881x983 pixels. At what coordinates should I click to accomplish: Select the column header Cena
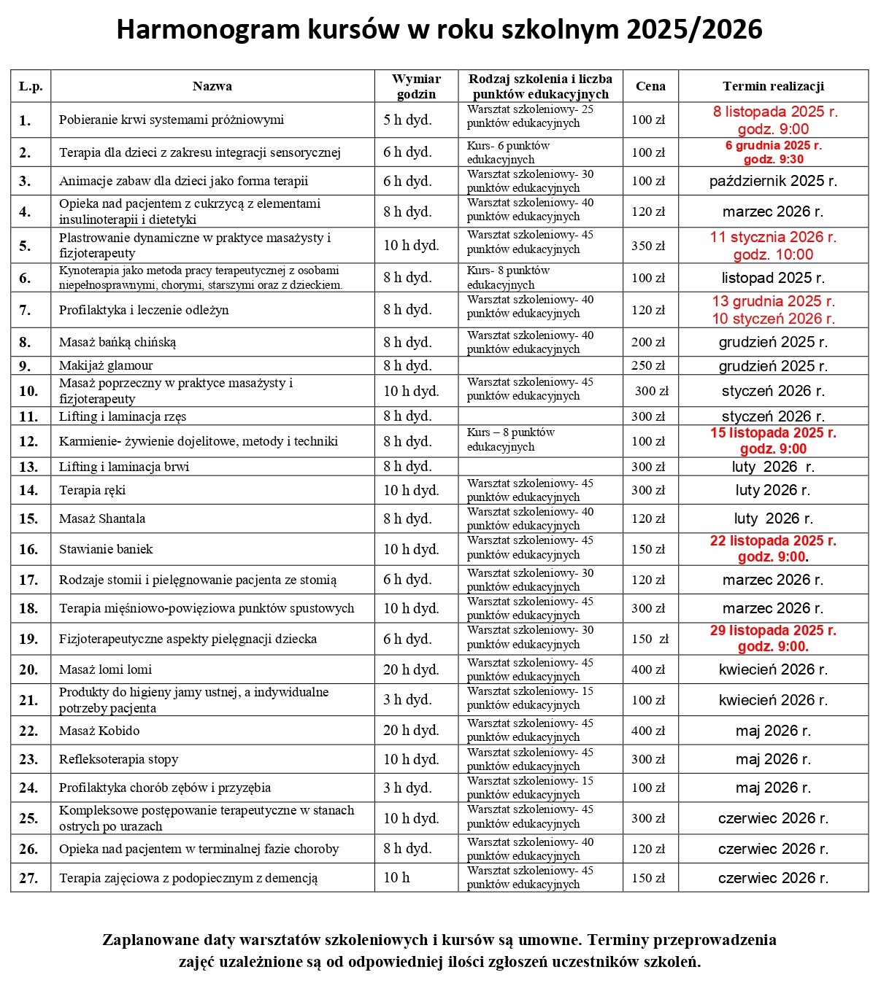click(x=650, y=86)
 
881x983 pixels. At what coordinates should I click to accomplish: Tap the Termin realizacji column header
click(x=773, y=86)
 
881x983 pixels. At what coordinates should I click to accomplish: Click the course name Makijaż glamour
click(x=106, y=365)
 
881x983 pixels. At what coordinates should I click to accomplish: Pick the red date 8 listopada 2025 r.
click(x=775, y=112)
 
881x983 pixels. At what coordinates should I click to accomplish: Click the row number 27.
click(x=28, y=878)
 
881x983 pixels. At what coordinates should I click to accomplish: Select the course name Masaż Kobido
click(x=99, y=731)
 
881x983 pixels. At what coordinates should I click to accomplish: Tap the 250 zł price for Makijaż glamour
click(x=648, y=365)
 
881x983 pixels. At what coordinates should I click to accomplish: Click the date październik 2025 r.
click(x=773, y=181)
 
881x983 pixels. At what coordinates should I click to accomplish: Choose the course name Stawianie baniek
click(x=106, y=549)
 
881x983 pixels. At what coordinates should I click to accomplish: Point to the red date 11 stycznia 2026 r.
click(x=773, y=237)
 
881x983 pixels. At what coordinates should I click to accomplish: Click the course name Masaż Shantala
click(x=102, y=518)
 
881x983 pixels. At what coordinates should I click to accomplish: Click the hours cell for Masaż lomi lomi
click(x=411, y=669)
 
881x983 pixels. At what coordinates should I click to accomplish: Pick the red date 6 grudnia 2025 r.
click(x=773, y=145)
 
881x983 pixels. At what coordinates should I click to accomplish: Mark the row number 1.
click(x=25, y=120)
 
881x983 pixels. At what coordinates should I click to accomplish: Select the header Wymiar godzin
click(x=416, y=86)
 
